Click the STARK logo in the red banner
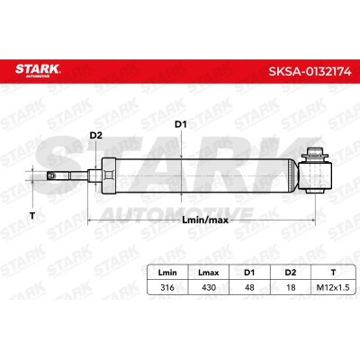coord(38,70)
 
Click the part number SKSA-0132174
coord(310,71)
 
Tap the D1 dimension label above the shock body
coord(181,124)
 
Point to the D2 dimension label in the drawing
coord(96,136)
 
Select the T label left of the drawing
coord(32,215)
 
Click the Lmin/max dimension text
coord(205,220)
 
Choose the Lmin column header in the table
coord(167,273)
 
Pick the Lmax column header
coord(209,273)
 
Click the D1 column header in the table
coord(249,273)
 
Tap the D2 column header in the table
coord(291,273)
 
